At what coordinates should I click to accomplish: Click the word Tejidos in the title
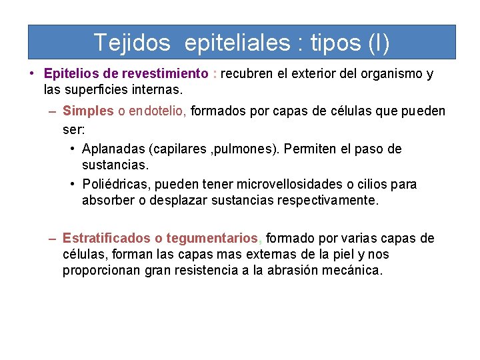click(x=132, y=43)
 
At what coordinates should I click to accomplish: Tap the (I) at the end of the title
click(x=378, y=43)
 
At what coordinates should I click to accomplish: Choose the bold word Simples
click(x=88, y=111)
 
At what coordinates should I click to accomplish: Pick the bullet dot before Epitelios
click(x=32, y=74)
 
